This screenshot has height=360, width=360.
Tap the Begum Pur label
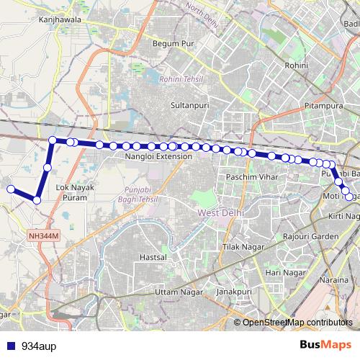[x=171, y=43]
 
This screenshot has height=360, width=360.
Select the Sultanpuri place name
[x=189, y=105]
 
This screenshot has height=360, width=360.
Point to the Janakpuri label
[x=232, y=292]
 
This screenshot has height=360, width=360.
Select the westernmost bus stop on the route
[x=10, y=189]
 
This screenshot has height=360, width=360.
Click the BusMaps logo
[x=326, y=345]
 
